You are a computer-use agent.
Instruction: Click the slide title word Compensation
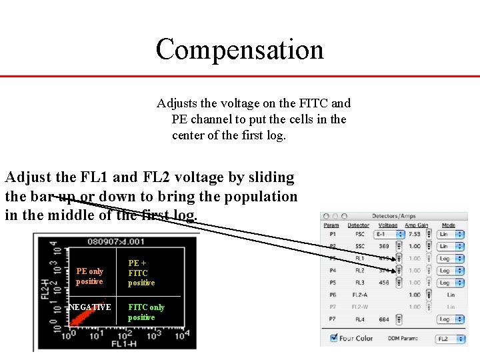pos(239,49)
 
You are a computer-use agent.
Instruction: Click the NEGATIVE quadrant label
pos(90,307)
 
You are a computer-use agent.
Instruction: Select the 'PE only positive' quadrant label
pos(89,276)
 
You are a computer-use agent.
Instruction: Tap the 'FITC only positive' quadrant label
pos(146,312)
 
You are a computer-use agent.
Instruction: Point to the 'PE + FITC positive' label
pos(141,273)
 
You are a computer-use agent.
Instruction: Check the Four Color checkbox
pos(334,339)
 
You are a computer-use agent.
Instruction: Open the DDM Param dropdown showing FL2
pos(451,339)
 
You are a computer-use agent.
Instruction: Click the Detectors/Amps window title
pos(393,216)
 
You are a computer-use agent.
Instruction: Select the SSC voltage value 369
pos(384,246)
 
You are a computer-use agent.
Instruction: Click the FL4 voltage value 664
pos(384,319)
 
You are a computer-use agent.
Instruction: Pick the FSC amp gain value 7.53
pos(414,234)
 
